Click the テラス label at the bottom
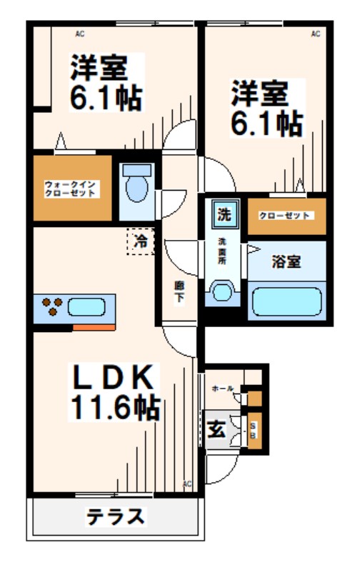(116, 516)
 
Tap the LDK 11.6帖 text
(114, 392)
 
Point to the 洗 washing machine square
(224, 213)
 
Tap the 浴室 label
(286, 261)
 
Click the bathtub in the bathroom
(286, 299)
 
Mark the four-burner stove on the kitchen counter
(53, 307)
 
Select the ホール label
(222, 388)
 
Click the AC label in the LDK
(187, 484)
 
